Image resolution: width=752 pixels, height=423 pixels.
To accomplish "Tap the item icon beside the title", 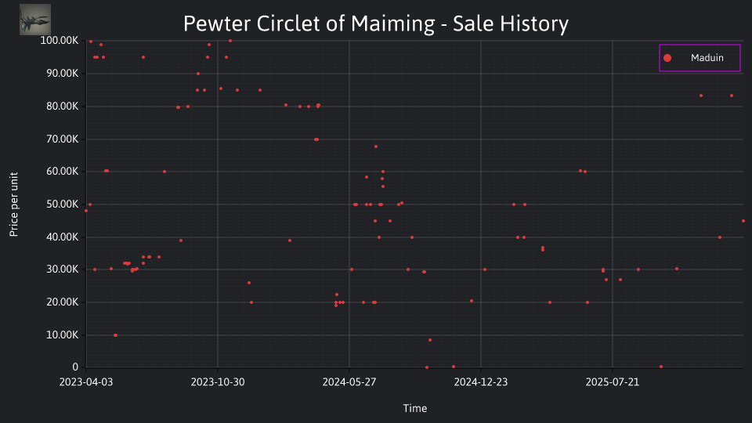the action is click(35, 20).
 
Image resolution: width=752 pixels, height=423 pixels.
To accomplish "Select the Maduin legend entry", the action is click(700, 58).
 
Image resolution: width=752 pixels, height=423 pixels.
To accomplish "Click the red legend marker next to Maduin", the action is click(667, 58).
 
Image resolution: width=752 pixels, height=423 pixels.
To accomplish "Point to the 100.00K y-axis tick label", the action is click(59, 41).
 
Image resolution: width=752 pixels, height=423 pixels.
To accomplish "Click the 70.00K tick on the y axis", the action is click(63, 139).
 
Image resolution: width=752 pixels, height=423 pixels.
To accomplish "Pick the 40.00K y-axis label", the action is click(63, 237).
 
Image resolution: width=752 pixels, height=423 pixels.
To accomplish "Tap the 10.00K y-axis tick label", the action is click(63, 334).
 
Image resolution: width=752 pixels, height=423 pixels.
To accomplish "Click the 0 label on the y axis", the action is click(75, 367).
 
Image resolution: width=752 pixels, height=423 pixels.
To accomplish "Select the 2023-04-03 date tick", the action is click(86, 382).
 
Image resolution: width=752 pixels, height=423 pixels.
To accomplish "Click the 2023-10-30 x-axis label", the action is click(218, 382).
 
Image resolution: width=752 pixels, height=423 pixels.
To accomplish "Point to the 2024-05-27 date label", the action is click(349, 382).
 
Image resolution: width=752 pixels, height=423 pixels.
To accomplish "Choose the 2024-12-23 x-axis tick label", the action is click(481, 382).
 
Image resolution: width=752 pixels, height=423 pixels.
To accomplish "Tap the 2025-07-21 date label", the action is click(613, 382).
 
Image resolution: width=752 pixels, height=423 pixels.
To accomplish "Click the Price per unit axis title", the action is click(14, 204).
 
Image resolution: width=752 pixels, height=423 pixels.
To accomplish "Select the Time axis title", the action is click(415, 408).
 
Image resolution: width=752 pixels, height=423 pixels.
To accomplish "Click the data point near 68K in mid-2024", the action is click(376, 146).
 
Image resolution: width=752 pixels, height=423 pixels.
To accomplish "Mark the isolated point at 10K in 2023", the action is click(116, 335).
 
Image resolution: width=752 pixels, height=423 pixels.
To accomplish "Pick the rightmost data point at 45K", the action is click(743, 221).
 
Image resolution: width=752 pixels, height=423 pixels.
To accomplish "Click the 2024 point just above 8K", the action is click(430, 340).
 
